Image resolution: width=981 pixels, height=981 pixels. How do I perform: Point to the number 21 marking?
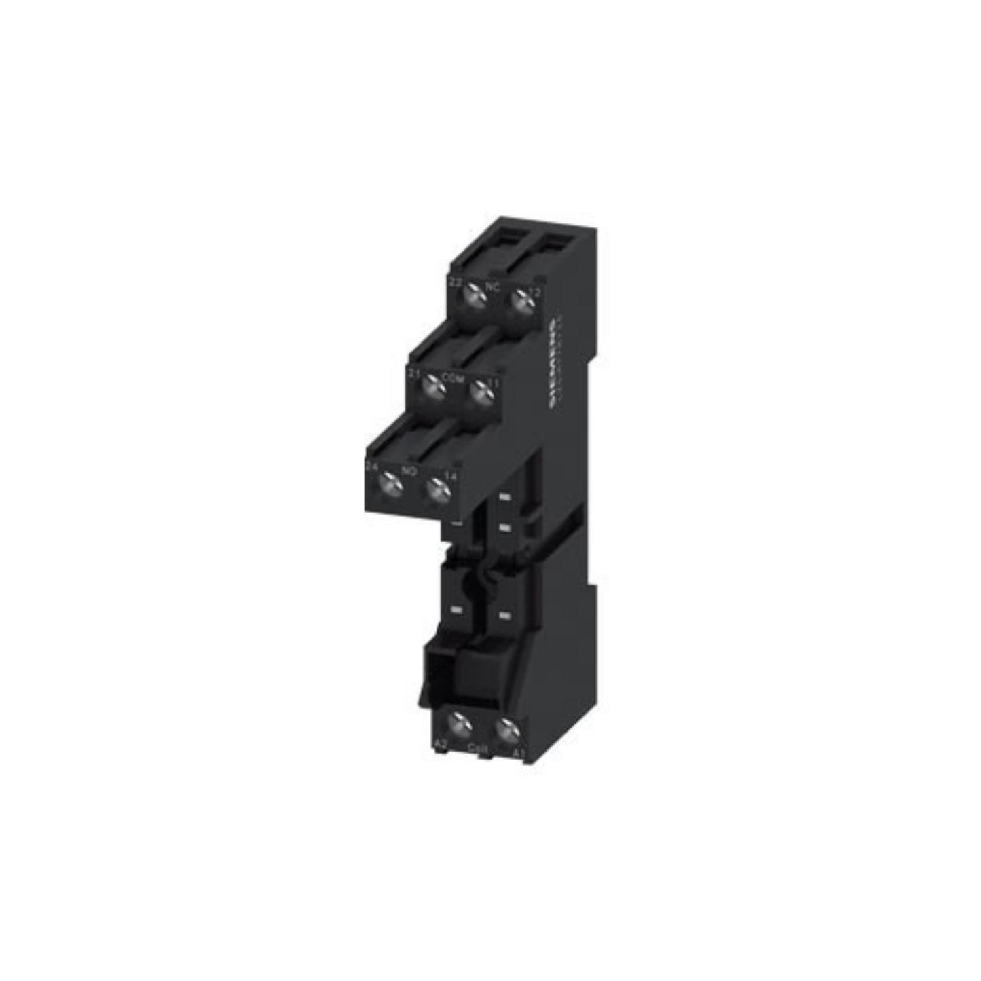413,373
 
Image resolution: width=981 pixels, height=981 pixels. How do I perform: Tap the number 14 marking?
451,476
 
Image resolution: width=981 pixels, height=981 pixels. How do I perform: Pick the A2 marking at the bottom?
441,745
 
